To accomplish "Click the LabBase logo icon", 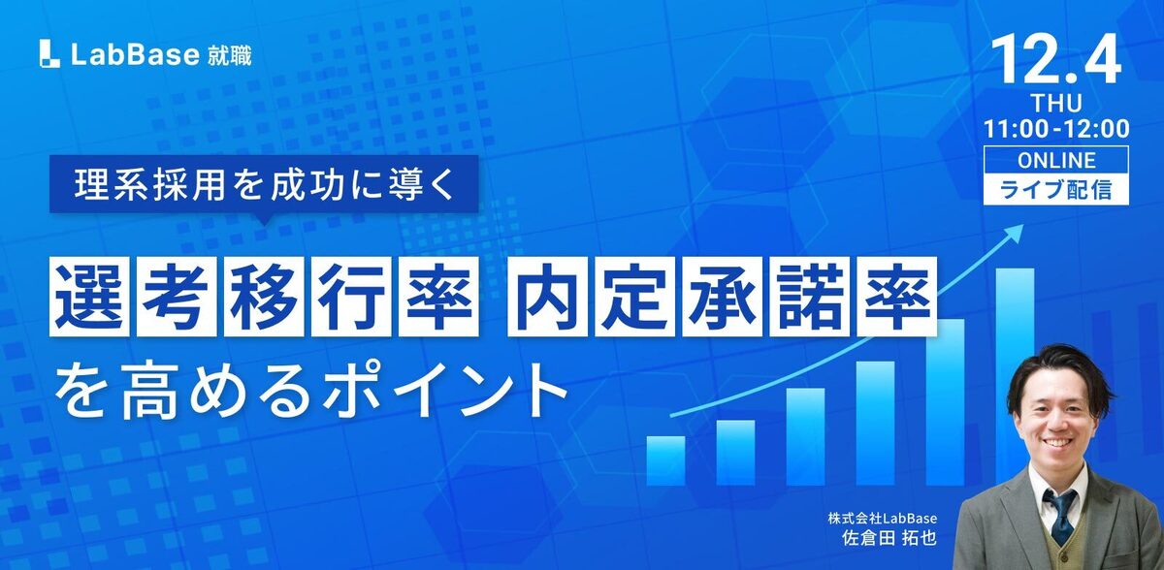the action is click(49, 54).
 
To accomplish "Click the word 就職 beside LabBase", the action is click(229, 55).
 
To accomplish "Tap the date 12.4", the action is click(1055, 61).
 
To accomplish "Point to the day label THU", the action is click(1056, 104).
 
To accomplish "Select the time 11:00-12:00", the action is click(1056, 128).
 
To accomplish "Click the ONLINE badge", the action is click(1056, 160).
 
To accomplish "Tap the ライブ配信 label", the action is click(1056, 189).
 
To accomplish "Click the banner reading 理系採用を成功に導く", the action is click(264, 184).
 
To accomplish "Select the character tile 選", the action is click(89, 297).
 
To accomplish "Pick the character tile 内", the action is click(548, 297).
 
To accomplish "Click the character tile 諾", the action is click(810, 297).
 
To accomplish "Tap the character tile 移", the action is click(264, 297).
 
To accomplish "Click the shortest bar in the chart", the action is click(665, 460).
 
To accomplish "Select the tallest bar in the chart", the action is click(1015, 374).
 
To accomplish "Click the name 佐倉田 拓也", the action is click(889, 538).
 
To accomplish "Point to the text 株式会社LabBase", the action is click(883, 518).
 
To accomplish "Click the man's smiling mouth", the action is click(1058, 443).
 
